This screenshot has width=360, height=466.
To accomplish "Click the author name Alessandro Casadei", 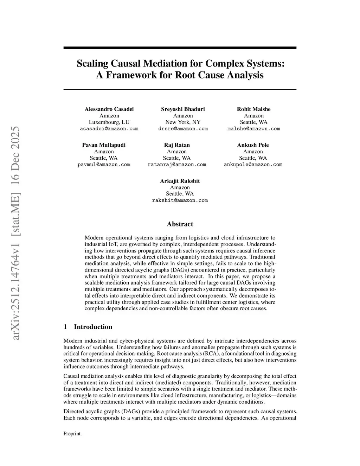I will (x=109, y=109).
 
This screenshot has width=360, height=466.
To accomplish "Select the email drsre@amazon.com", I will (x=183, y=129).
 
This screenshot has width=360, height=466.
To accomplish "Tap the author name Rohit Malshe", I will (x=253, y=109).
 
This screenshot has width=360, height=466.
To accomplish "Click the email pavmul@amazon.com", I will (x=104, y=165).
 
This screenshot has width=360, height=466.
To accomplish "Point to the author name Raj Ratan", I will (x=177, y=145).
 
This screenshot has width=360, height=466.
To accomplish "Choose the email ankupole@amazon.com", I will (x=253, y=165).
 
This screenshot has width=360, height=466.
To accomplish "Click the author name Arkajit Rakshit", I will (x=180, y=181).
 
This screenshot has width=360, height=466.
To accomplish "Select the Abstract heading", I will (x=180, y=224).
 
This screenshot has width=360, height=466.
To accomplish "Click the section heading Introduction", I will (x=93, y=327).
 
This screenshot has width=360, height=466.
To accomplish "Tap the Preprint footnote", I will (x=72, y=434).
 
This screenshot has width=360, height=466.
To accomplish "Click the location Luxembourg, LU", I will (x=109, y=122).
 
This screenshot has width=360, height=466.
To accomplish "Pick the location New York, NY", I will (x=183, y=122).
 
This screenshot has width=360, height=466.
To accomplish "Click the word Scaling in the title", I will (x=93, y=64).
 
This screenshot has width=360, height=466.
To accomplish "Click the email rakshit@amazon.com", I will (x=180, y=200).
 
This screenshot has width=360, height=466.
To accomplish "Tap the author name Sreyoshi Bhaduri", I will (x=183, y=109).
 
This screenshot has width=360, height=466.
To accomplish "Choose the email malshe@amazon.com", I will (x=253, y=129).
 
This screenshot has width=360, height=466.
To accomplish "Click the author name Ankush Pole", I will (x=253, y=145).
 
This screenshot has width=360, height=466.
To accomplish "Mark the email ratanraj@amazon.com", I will (x=177, y=165).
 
